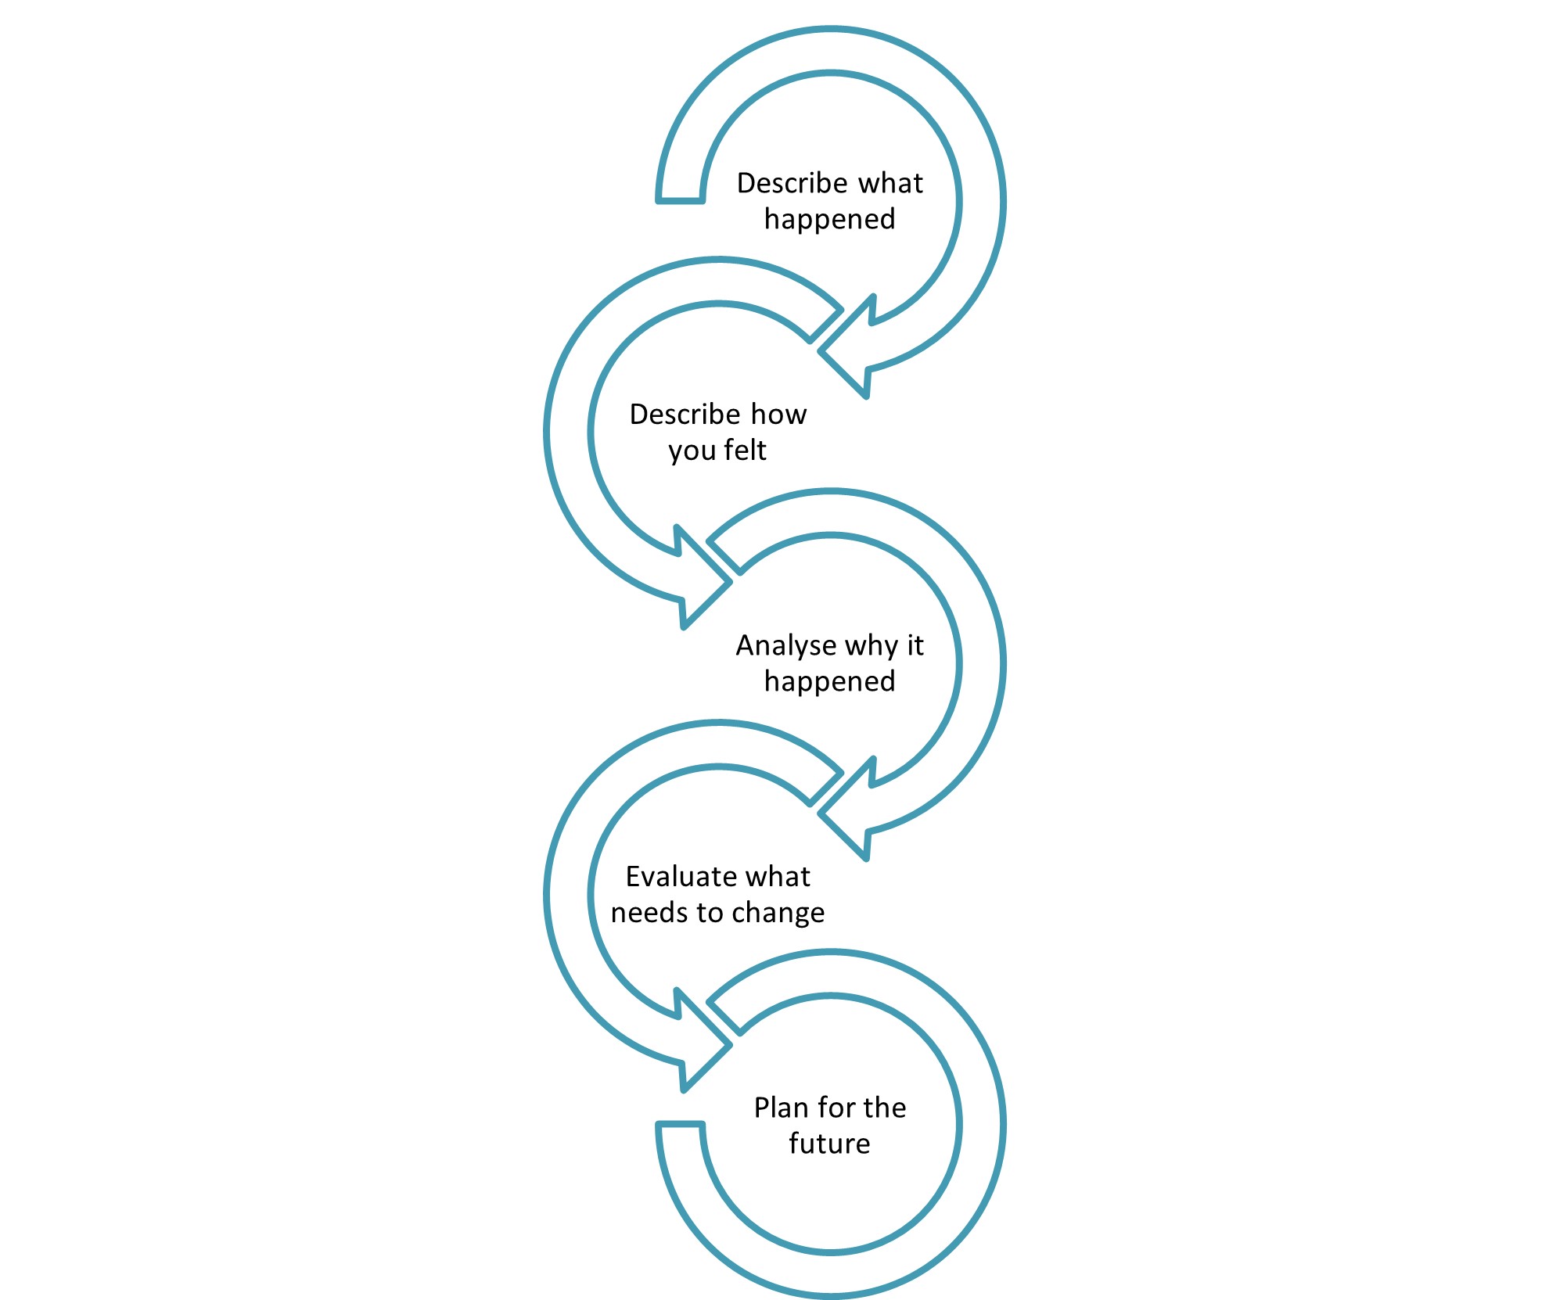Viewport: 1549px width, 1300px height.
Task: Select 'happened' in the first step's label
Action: pyautogui.click(x=829, y=219)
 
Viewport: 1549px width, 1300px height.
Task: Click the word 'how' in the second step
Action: pyautogui.click(x=778, y=414)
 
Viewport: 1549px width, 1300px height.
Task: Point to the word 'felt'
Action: pyautogui.click(x=746, y=450)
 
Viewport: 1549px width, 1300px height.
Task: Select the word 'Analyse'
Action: pyautogui.click(x=785, y=645)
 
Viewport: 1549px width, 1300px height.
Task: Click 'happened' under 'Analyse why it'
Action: pyautogui.click(x=829, y=681)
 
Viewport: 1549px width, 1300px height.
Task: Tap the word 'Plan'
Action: pyautogui.click(x=781, y=1108)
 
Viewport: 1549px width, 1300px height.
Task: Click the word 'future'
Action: pyautogui.click(x=829, y=1144)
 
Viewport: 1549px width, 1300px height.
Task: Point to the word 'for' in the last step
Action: pyautogui.click(x=834, y=1108)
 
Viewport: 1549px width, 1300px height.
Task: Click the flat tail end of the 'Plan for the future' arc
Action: pyautogui.click(x=681, y=1125)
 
